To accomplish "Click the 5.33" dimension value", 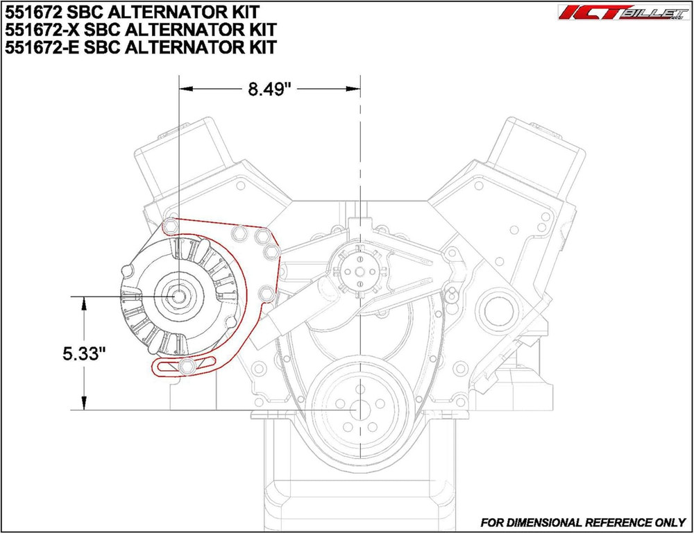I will click(82, 353).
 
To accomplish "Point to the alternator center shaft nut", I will click(180, 295).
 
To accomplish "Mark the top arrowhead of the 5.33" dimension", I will click(85, 301).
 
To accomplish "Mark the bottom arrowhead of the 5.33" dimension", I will click(85, 406).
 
